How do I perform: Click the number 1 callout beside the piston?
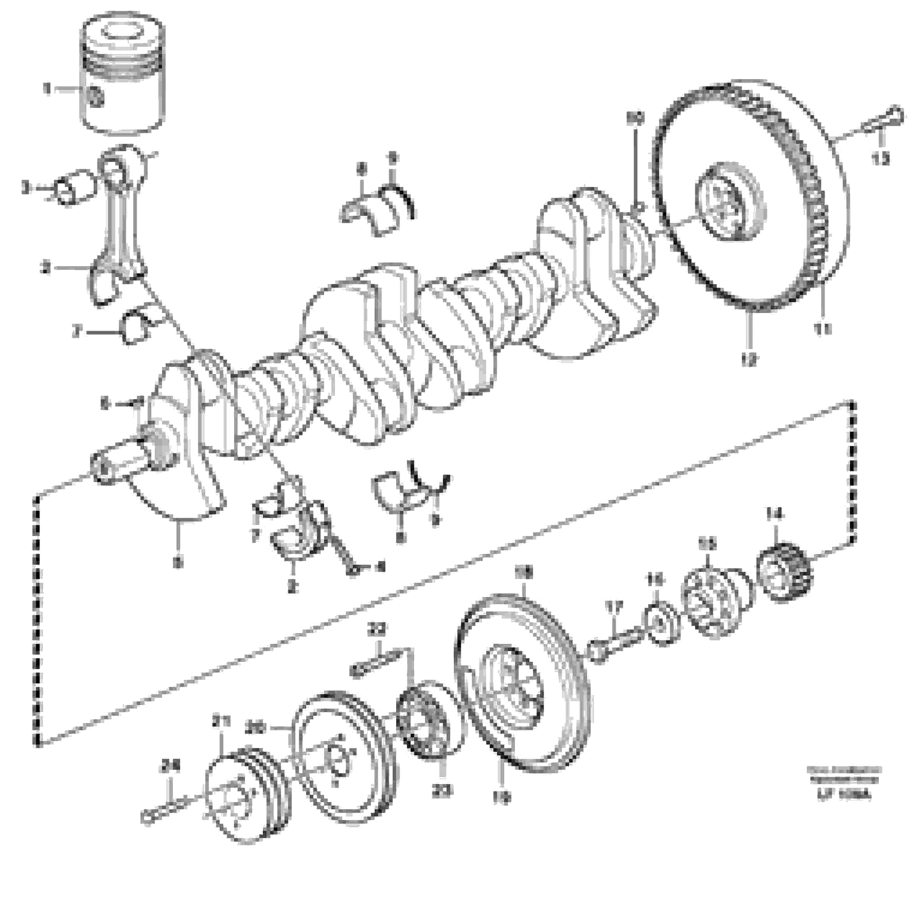point(47,89)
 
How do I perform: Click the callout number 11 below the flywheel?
point(823,329)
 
